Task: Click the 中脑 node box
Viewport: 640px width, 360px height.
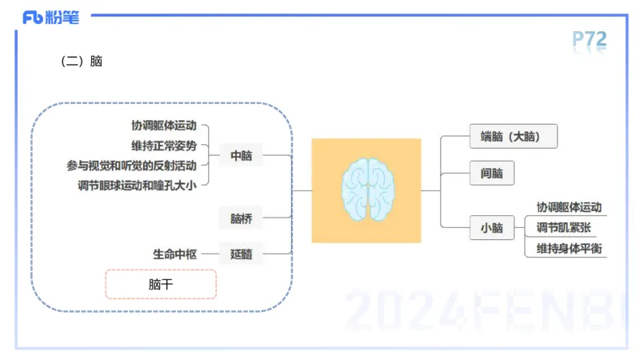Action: click(241, 156)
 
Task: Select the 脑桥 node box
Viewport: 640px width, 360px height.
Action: click(241, 218)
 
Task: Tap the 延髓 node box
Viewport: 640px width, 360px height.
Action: click(241, 254)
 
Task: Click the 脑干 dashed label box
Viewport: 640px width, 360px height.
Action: click(161, 284)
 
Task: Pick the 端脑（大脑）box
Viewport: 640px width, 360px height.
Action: click(513, 137)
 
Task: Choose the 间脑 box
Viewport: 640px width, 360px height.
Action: click(492, 174)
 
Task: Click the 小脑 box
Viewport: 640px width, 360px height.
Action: click(492, 228)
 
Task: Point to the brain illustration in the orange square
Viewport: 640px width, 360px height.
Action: click(366, 190)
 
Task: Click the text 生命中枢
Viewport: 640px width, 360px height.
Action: click(175, 254)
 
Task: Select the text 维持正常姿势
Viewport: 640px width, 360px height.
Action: click(164, 146)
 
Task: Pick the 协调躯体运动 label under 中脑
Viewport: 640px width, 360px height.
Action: click(164, 126)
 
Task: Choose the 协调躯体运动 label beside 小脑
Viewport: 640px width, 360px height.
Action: click(569, 207)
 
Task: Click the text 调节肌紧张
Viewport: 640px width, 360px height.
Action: click(563, 228)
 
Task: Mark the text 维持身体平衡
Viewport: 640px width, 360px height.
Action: click(569, 248)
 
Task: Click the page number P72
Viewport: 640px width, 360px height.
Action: click(590, 40)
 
